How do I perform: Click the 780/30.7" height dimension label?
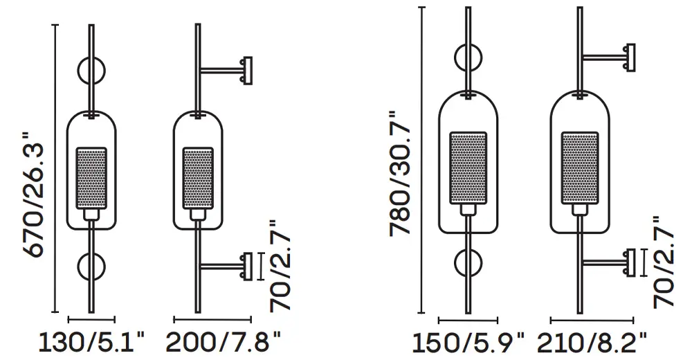[x=401, y=172]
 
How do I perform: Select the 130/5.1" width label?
[x=92, y=342]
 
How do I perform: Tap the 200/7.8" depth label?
[x=224, y=342]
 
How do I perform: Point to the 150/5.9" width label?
[x=468, y=343]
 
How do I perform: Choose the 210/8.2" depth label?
[x=593, y=343]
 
